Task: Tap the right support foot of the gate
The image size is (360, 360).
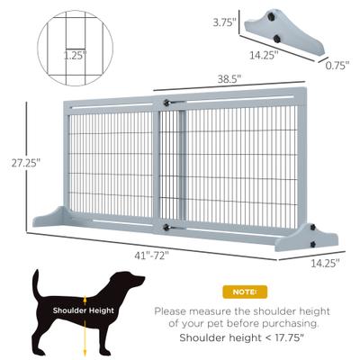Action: tap(310, 237)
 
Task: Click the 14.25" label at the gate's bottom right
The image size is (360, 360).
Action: tap(325, 265)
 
